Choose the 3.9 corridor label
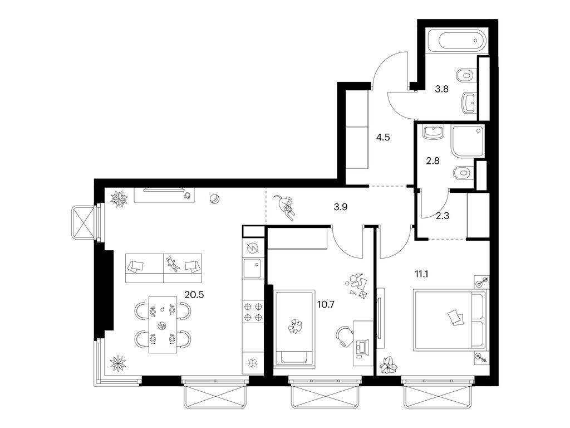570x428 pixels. (341, 206)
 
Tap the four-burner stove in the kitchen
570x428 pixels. (253, 312)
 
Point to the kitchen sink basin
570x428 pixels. (253, 267)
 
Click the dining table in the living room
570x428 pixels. (162, 325)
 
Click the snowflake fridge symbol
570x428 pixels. (253, 363)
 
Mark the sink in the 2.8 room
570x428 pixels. (431, 132)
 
